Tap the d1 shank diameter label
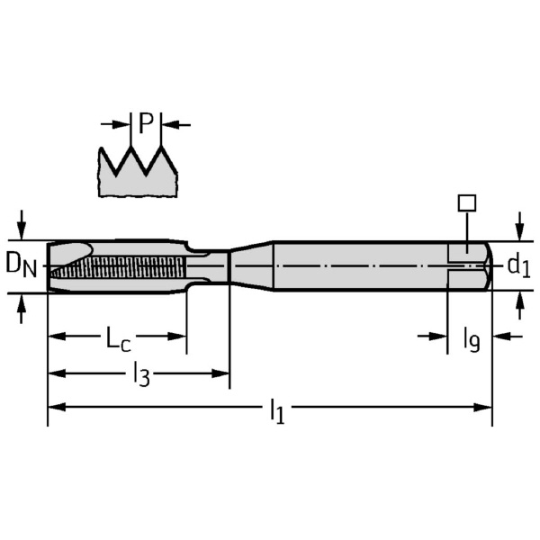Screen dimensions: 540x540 [x=517, y=265]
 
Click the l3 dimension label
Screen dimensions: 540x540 [x=141, y=373]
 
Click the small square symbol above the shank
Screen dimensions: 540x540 [x=465, y=203]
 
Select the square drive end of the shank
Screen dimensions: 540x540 [x=469, y=265]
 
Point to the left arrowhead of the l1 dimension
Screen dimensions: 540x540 [x=54, y=407]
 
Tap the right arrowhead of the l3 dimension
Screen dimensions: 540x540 [x=222, y=372]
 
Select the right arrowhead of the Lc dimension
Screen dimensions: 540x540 [x=179, y=336]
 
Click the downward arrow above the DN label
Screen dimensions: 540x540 [x=22, y=222]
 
